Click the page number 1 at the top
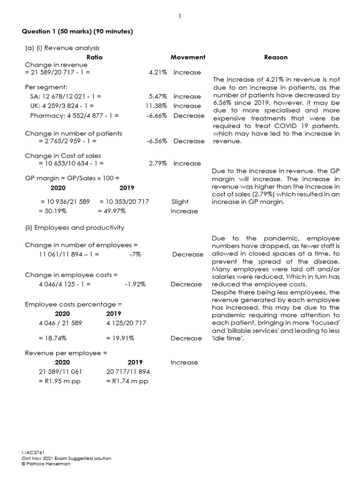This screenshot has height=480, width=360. tap(180, 16)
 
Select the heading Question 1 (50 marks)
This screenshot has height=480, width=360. tap(77, 31)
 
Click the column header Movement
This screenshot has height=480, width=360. tap(188, 57)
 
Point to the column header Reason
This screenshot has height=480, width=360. tap(276, 57)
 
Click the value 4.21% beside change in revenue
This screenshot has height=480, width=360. tap(158, 73)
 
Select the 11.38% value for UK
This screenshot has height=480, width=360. tap(156, 106)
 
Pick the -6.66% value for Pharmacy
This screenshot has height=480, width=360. tap(157, 115)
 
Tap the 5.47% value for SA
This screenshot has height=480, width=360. tap(158, 97)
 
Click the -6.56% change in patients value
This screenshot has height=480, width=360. tap(157, 141)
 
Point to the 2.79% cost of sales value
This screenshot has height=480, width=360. tap(158, 164)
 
